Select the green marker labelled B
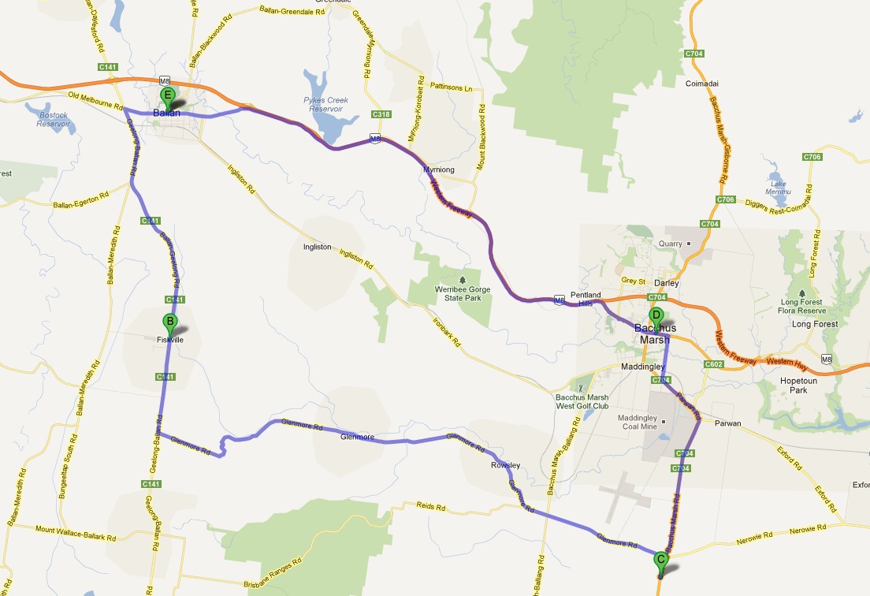click(169, 322)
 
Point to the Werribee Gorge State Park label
click(463, 294)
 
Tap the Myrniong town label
click(439, 169)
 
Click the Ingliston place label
click(318, 247)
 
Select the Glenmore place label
click(357, 436)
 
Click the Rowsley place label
click(505, 465)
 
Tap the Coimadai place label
click(704, 83)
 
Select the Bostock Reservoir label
click(54, 119)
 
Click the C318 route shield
click(381, 114)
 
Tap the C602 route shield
click(713, 364)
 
